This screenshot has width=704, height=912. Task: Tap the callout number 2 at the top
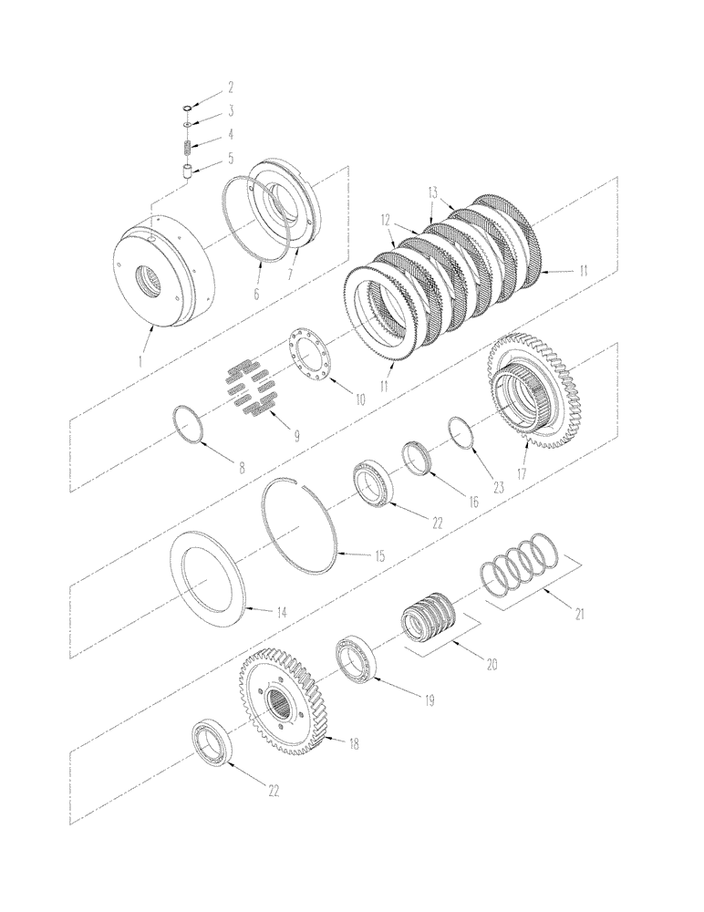pyautogui.click(x=231, y=88)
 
